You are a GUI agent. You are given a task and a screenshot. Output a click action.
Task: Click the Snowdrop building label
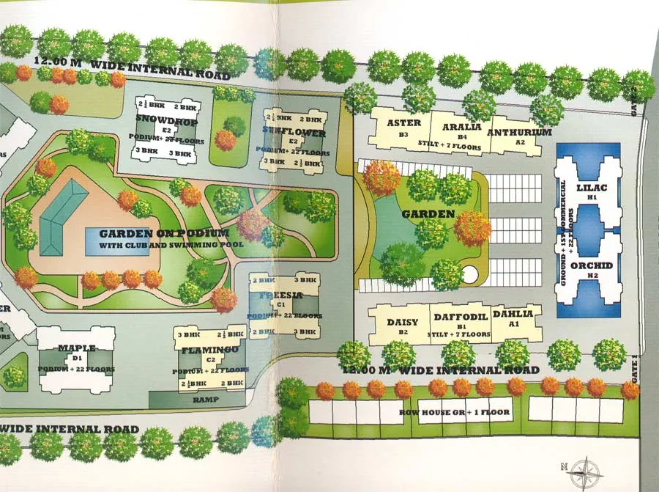coord(159,119)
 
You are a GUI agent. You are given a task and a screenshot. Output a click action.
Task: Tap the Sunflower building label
coord(292,132)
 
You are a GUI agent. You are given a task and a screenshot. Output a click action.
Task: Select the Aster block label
coord(403,123)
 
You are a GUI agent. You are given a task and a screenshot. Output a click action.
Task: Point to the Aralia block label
coord(461,126)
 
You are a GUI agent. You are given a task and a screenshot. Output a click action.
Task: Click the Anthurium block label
coord(518,133)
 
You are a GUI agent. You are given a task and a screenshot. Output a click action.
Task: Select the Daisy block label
coord(402,322)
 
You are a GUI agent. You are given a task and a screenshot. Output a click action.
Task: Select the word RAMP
coord(206,400)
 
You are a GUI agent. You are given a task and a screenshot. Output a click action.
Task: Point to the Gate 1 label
coord(634,366)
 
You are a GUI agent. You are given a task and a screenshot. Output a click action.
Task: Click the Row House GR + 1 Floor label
coord(465,412)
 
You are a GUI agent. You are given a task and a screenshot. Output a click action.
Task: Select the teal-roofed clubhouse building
coord(63,217)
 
